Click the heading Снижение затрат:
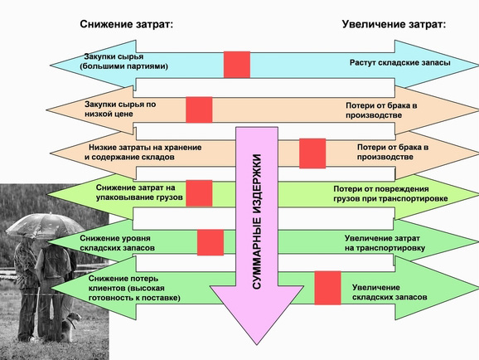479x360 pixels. tap(127, 24)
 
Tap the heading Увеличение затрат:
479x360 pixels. tap(394, 24)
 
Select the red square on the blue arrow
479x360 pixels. tap(237, 65)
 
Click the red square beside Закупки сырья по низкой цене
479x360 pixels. tap(199, 109)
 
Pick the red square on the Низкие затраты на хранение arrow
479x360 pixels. tap(312, 153)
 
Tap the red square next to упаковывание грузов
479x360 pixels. tap(199, 193)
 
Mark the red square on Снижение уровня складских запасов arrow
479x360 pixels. tap(210, 242)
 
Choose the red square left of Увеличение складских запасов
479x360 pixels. tap(328, 288)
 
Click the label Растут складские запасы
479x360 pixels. tap(400, 63)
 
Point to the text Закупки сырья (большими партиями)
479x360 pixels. tap(124, 61)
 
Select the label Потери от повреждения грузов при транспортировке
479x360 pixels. tap(390, 193)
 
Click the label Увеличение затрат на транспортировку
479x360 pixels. tap(385, 243)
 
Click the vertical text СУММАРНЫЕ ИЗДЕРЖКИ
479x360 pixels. tap(257, 221)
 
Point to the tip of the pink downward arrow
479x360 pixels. tap(257, 345)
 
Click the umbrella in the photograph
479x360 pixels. tap(45, 226)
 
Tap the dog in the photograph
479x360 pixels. tap(70, 327)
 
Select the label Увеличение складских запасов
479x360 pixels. tap(389, 293)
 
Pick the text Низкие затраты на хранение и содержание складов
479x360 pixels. tap(143, 152)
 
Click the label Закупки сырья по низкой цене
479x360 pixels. tap(120, 109)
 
